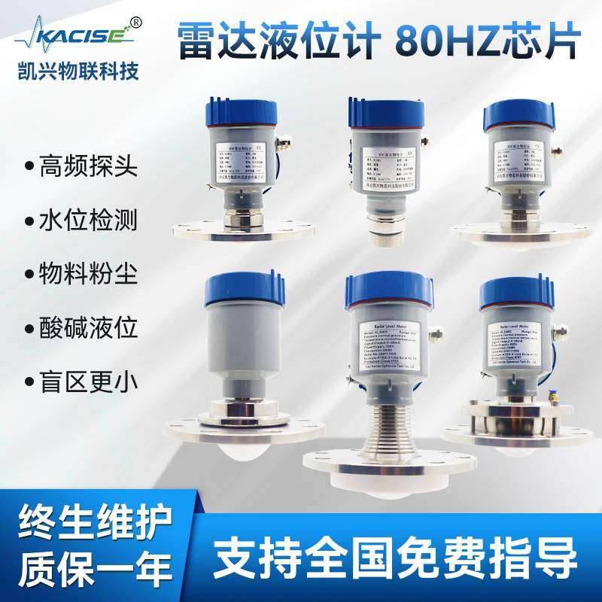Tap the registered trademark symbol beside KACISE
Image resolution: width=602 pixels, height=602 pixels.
pyautogui.click(x=136, y=21)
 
